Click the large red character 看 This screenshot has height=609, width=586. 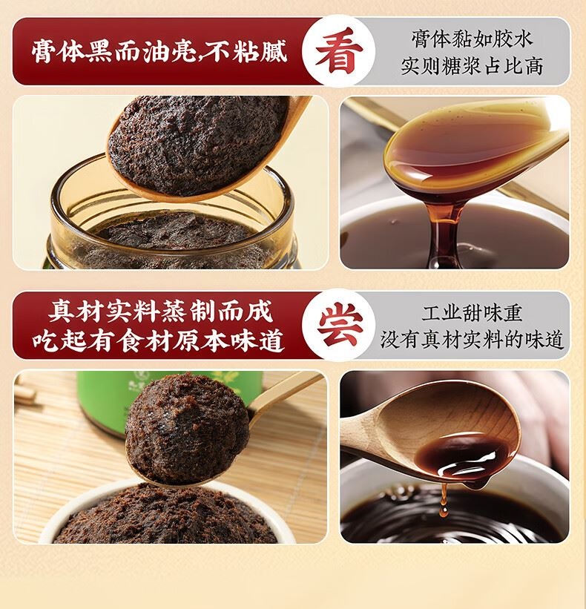click(x=339, y=50)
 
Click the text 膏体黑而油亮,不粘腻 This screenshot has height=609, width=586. click(x=159, y=51)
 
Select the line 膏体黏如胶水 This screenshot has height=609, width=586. click(x=472, y=39)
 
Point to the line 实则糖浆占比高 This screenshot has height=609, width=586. click(x=472, y=66)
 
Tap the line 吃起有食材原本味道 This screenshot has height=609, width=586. click(x=159, y=340)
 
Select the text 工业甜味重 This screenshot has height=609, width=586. click(x=472, y=312)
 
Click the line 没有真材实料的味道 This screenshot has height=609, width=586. click(x=472, y=340)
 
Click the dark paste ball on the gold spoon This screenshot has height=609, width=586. click(x=186, y=429)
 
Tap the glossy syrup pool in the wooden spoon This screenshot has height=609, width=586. click(x=462, y=456)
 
